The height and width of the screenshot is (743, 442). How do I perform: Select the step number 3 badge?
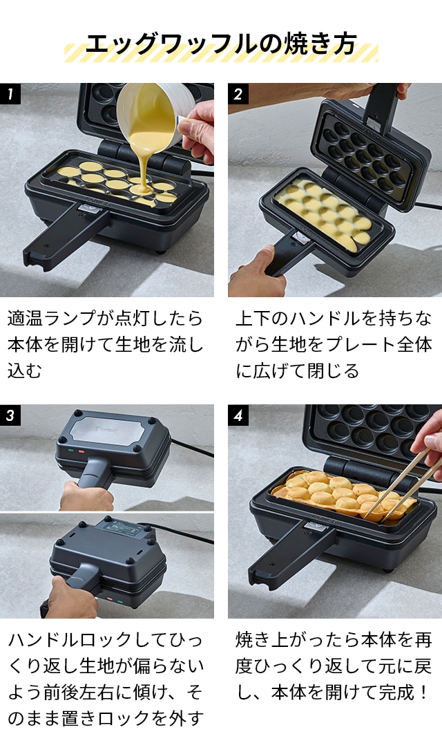click(x=10, y=415)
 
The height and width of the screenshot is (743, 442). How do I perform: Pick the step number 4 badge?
click(x=238, y=415)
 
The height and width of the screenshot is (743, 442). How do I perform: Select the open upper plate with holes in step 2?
click(x=366, y=152)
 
